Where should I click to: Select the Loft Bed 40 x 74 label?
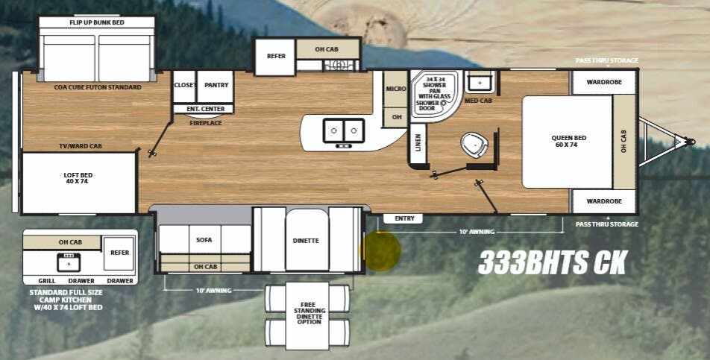point(78,178)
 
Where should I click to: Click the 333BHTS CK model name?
point(553,262)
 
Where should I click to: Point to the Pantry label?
point(216,86)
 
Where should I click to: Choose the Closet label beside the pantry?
point(184,86)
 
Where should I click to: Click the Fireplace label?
point(205,123)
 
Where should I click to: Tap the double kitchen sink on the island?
point(343,131)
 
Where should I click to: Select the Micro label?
point(395,89)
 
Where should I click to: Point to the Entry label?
point(404,218)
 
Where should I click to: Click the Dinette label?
point(306,241)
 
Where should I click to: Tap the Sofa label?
point(204,240)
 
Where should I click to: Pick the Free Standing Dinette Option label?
point(309,313)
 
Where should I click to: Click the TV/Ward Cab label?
point(81,146)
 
